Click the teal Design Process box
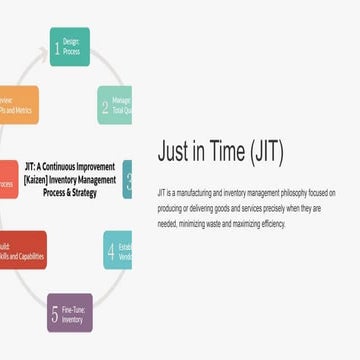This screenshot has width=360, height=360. (x=70, y=46)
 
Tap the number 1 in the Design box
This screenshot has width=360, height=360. (x=57, y=46)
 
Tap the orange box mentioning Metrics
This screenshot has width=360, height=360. (x=19, y=105)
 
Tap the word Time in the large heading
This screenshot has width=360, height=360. (x=226, y=151)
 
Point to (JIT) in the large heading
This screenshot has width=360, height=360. (x=266, y=151)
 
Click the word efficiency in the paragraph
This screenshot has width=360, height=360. (x=269, y=224)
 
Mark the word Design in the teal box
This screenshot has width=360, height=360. (x=71, y=40)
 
